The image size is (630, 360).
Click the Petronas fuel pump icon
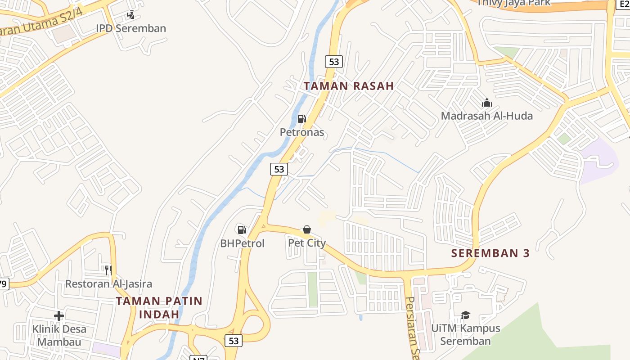[x=301, y=119]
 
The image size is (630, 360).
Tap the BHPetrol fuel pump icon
[x=242, y=230]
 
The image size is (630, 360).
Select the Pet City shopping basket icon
[x=307, y=230]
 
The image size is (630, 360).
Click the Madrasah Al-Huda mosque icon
[x=487, y=103]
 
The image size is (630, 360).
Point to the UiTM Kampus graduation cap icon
[x=465, y=315]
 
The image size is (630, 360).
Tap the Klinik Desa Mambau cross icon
[x=58, y=316]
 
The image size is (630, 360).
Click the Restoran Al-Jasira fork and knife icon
[x=108, y=270]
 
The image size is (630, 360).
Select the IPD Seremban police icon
[x=130, y=15]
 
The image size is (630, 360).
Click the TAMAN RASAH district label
[x=349, y=86]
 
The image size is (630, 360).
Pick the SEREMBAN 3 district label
[x=490, y=253]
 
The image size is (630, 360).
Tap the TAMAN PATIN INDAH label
[x=159, y=307]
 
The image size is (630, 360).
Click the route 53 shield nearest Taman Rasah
[x=334, y=62]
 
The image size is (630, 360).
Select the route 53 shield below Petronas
[x=279, y=169]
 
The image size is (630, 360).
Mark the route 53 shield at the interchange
[x=234, y=341]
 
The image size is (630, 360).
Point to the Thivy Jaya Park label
[x=513, y=3]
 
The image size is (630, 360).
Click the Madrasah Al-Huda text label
[x=487, y=116]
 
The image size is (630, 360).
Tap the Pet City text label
[x=307, y=243]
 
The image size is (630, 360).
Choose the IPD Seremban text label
[x=131, y=28]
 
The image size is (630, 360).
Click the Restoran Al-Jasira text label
[x=108, y=284]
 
